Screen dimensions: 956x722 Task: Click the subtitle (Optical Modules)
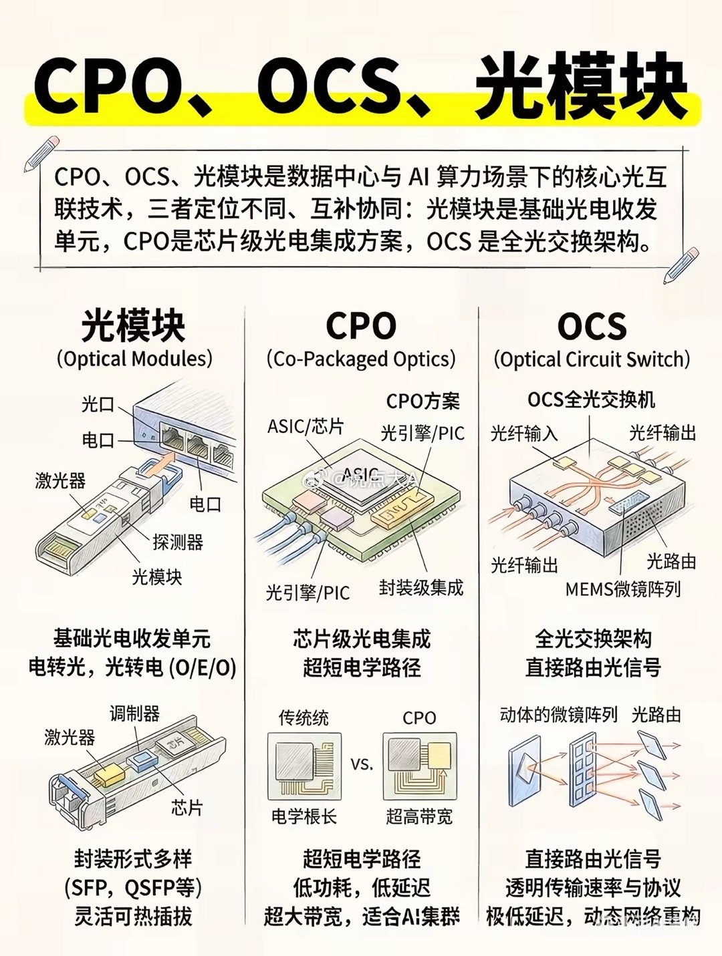click(x=134, y=359)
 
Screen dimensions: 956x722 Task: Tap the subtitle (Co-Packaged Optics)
click(x=361, y=359)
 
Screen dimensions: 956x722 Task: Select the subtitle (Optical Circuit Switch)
click(x=592, y=359)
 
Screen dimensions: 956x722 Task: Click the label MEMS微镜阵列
click(x=622, y=589)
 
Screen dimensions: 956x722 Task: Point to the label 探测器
click(x=178, y=542)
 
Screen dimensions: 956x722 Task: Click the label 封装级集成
click(x=420, y=587)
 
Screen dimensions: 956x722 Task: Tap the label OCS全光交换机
click(x=591, y=400)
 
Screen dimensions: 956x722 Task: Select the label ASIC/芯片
click(x=306, y=426)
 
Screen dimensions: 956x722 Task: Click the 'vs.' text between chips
click(x=362, y=764)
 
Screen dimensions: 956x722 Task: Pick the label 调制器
click(x=134, y=713)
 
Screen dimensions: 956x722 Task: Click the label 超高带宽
click(x=419, y=816)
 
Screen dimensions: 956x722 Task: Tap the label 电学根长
click(x=304, y=816)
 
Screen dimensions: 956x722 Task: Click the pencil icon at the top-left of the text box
click(x=41, y=153)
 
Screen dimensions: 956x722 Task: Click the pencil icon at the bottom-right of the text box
click(x=681, y=265)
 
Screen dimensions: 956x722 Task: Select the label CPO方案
click(x=423, y=401)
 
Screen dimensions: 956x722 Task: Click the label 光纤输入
click(x=524, y=434)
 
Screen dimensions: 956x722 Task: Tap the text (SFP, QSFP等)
click(x=133, y=888)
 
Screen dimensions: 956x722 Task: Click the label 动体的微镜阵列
click(x=558, y=715)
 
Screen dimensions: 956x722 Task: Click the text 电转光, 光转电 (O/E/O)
click(x=132, y=667)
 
